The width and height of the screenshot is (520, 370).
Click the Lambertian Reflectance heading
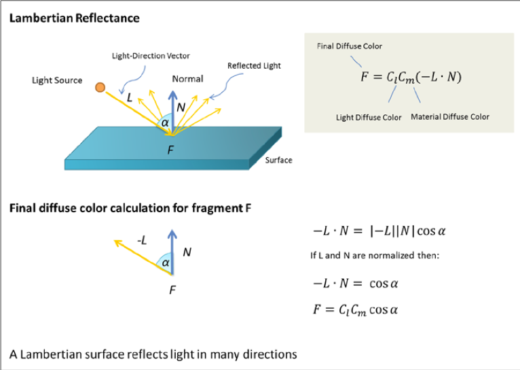point(74,18)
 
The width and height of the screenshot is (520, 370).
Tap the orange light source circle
point(100,87)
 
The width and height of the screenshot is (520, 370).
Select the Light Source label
point(57,80)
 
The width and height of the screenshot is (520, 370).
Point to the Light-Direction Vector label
point(151,56)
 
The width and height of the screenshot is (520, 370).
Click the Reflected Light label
point(254,66)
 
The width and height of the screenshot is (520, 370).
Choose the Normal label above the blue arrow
point(187,79)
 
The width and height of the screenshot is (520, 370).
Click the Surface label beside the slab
point(278,161)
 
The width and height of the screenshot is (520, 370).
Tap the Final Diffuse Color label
point(350,46)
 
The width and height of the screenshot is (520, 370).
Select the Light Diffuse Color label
point(369,117)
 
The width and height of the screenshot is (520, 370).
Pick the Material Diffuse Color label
point(450,117)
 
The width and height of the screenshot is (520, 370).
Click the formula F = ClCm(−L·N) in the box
point(411,77)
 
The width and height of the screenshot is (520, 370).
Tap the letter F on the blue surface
point(172,151)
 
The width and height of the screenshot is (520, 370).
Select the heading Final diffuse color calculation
point(130,207)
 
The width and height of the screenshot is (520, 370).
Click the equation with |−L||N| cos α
point(379,231)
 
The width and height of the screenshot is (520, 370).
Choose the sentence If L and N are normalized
point(375,256)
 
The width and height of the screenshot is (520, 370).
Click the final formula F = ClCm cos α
point(355,309)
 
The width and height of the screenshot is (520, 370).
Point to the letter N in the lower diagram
point(187,252)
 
